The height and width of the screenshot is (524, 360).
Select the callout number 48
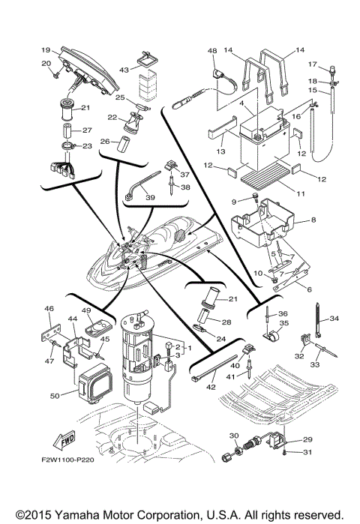click(212, 51)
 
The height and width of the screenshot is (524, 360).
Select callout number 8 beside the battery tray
click(313, 222)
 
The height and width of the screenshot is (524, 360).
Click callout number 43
click(124, 70)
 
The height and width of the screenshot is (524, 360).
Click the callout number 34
click(334, 319)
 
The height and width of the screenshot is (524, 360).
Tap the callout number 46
click(49, 308)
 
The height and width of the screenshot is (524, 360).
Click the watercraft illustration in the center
click(157, 247)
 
